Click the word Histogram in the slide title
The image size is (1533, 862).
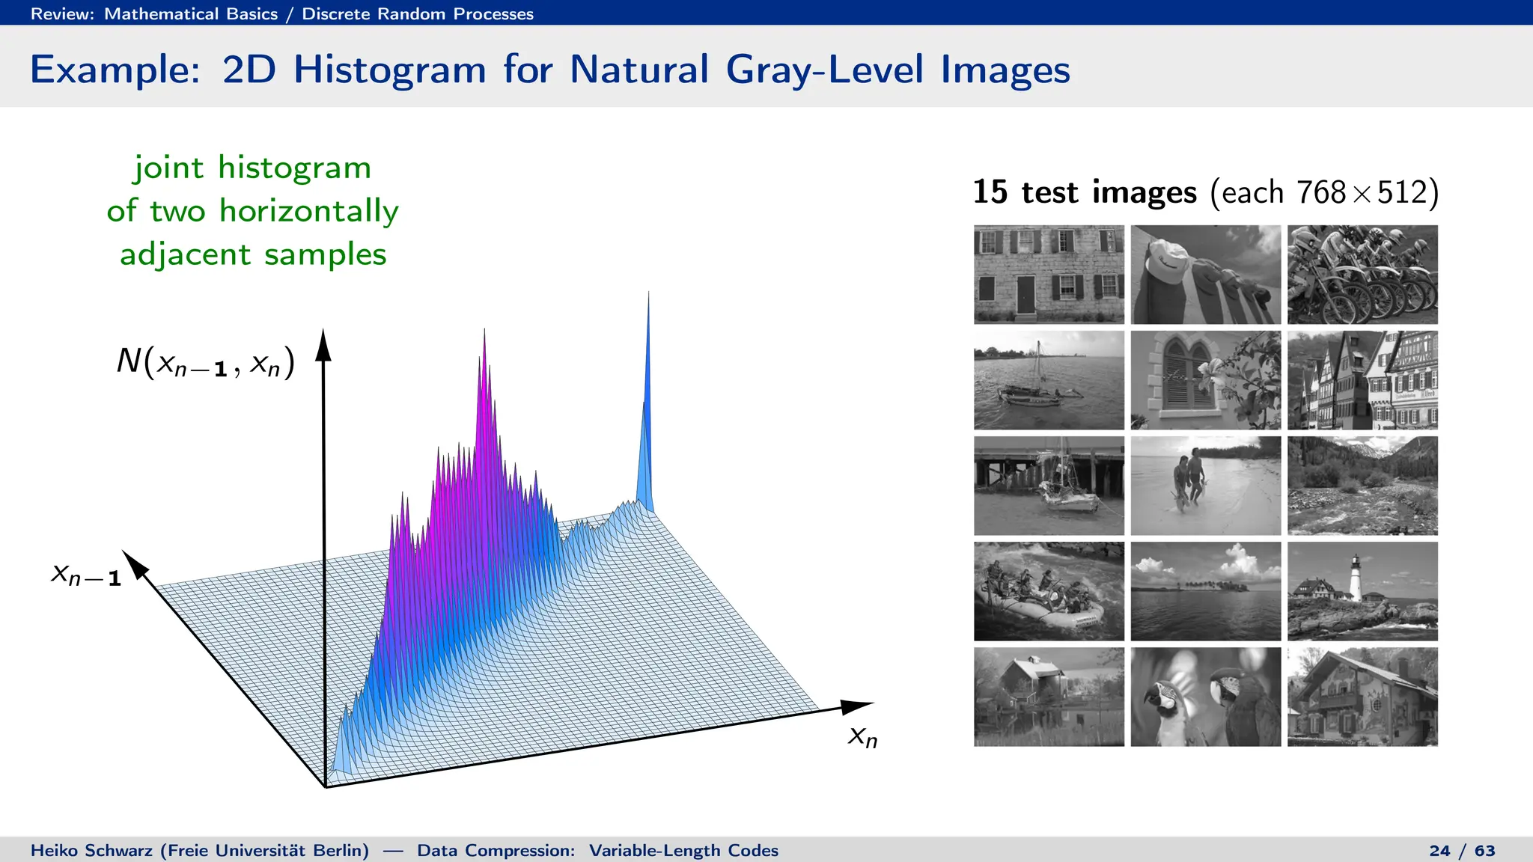point(389,70)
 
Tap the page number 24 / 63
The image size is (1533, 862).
point(1461,851)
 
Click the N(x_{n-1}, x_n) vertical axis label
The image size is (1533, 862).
point(205,362)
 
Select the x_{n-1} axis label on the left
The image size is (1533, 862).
point(85,575)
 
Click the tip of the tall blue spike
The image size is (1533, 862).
point(648,294)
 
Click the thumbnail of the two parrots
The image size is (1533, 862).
point(1205,697)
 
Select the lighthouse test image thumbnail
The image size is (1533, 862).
point(1362,591)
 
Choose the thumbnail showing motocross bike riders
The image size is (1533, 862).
point(1362,275)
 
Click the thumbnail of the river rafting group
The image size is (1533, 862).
point(1049,591)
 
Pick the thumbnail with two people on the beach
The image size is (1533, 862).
point(1205,486)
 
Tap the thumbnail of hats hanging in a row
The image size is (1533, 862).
point(1205,275)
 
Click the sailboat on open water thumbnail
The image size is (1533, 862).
point(1049,380)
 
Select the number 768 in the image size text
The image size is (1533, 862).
point(1321,192)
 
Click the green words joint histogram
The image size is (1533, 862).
point(252,168)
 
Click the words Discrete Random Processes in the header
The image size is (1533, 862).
point(418,13)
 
